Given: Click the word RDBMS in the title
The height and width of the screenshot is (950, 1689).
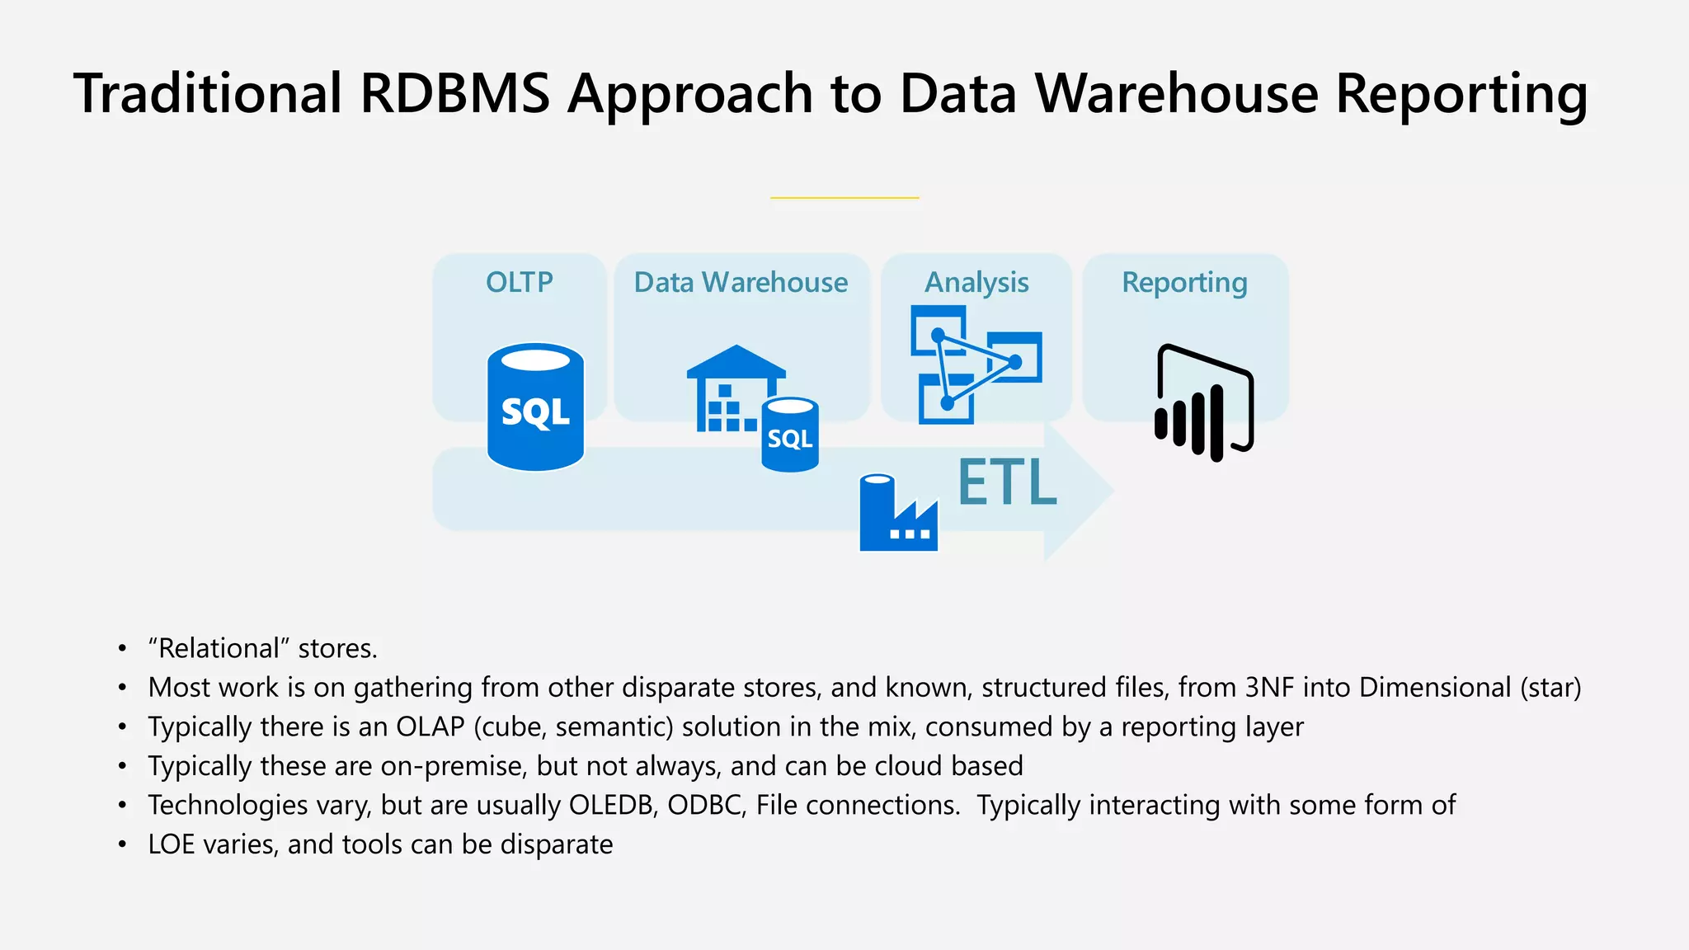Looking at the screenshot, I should pos(454,93).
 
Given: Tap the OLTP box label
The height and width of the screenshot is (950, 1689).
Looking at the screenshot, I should pos(519,283).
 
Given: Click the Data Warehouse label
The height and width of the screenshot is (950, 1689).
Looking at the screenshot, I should pos(740,283).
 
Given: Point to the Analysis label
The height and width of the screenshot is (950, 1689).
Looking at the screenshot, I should pos(976,283).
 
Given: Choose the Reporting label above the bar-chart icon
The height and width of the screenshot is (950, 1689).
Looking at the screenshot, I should pos(1184,283).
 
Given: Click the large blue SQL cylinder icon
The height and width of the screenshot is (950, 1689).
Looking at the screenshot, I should pos(535,407).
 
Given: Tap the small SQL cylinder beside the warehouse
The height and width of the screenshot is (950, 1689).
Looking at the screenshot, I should pos(789,435).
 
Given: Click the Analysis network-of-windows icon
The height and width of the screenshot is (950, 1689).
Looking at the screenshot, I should pos(975,364).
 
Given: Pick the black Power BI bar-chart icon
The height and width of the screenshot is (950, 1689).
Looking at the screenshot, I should pos(1203,403).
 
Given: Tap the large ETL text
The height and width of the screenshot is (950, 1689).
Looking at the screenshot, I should pos(1007,483).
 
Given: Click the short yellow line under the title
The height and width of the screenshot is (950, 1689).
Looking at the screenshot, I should pos(844,198).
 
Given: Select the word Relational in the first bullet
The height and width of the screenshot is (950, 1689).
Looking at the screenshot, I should pos(219,649).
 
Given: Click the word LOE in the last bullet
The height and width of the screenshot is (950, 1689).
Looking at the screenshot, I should pos(171,845).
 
